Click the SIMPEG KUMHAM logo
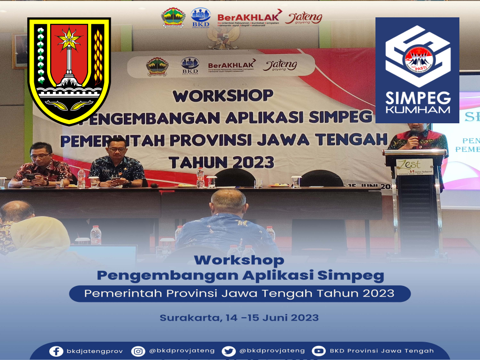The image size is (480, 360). point(417,70)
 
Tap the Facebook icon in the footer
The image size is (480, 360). point(56,351)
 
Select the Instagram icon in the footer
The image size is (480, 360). point(138,351)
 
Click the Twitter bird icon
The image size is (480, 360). point(228,351)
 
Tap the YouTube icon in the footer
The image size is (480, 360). point(319,351)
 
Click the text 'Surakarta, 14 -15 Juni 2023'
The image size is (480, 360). point(239,318)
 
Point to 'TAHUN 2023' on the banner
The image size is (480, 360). point(221,162)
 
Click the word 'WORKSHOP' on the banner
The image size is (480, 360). point(223,96)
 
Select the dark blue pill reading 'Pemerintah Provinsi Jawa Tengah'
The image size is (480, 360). point(240,294)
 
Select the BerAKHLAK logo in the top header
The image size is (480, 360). point(249,18)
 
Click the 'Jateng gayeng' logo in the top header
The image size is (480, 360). point(304,18)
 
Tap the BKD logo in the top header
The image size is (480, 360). point(201,18)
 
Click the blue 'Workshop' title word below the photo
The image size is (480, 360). point(239,260)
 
